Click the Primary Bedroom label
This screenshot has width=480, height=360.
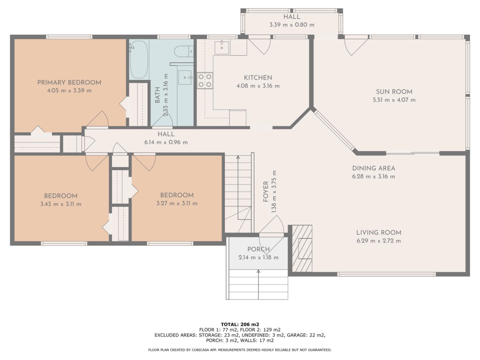[69, 82]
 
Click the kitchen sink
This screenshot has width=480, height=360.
[221, 47]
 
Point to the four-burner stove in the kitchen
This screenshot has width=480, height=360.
[205, 80]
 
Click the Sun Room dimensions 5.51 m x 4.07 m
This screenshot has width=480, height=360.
[394, 100]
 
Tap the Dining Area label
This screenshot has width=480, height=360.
[374, 168]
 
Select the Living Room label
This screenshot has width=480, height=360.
[378, 232]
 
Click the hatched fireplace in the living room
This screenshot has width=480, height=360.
[302, 248]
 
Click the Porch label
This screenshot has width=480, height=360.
[258, 249]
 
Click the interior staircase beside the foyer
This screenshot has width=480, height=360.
[238, 192]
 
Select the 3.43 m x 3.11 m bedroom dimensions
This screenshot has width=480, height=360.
[61, 204]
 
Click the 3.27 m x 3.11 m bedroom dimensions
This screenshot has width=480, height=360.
[177, 203]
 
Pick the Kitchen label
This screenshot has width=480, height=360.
[258, 78]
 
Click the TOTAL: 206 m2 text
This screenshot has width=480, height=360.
[240, 324]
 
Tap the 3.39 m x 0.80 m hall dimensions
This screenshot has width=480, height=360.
[292, 25]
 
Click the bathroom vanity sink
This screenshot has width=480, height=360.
[185, 77]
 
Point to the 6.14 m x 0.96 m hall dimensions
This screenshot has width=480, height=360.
[166, 142]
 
